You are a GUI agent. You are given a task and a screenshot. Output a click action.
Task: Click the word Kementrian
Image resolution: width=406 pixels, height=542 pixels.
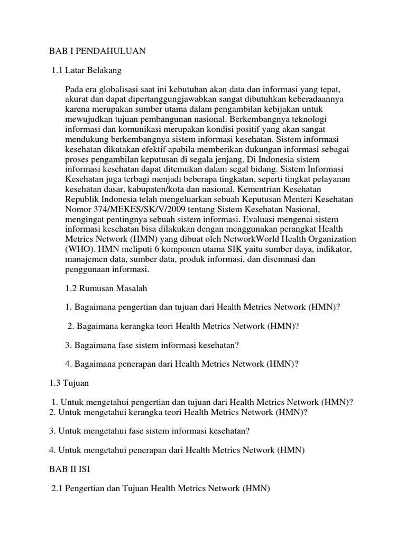(265, 189)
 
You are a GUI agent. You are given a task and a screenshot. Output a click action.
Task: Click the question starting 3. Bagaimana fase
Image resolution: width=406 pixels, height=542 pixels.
(152, 345)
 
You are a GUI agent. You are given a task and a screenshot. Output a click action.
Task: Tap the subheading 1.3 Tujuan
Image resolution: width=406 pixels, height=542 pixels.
(69, 383)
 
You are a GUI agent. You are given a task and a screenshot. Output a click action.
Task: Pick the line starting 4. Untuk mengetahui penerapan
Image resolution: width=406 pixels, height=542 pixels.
(178, 450)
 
